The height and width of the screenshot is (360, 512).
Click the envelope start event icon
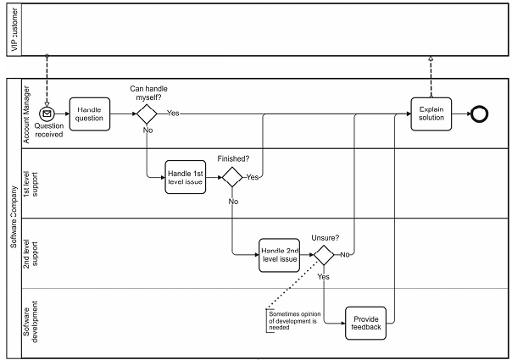(48, 114)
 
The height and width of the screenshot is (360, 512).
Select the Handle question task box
(90, 114)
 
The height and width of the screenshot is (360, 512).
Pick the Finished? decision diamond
(232, 177)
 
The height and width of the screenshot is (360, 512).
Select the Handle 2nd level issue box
(279, 254)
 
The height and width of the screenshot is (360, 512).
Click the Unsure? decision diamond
(325, 254)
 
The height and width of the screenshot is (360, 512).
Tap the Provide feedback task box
(366, 322)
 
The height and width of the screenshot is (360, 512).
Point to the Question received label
(48, 130)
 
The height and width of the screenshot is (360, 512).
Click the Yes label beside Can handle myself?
(173, 113)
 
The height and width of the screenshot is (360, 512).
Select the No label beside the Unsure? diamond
(346, 254)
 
